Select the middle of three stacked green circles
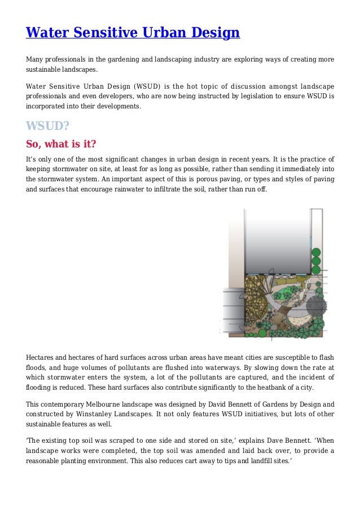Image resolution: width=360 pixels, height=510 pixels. (316, 261)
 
